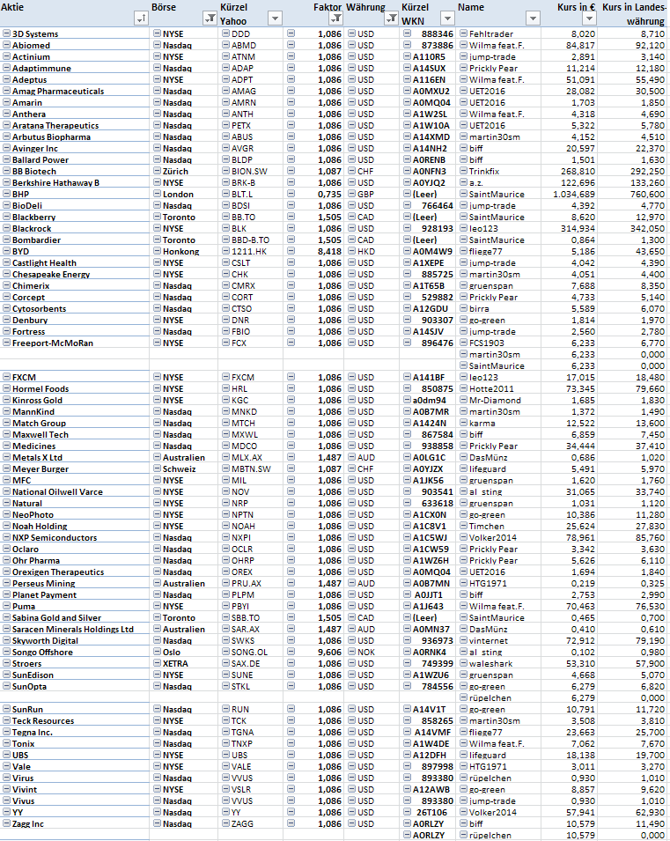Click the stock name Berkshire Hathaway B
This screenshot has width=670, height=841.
(55, 182)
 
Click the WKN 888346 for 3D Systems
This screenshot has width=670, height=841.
(438, 33)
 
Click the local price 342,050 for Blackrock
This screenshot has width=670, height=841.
(646, 228)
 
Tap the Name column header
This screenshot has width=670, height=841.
(472, 6)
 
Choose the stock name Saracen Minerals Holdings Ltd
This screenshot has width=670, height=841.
(73, 629)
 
